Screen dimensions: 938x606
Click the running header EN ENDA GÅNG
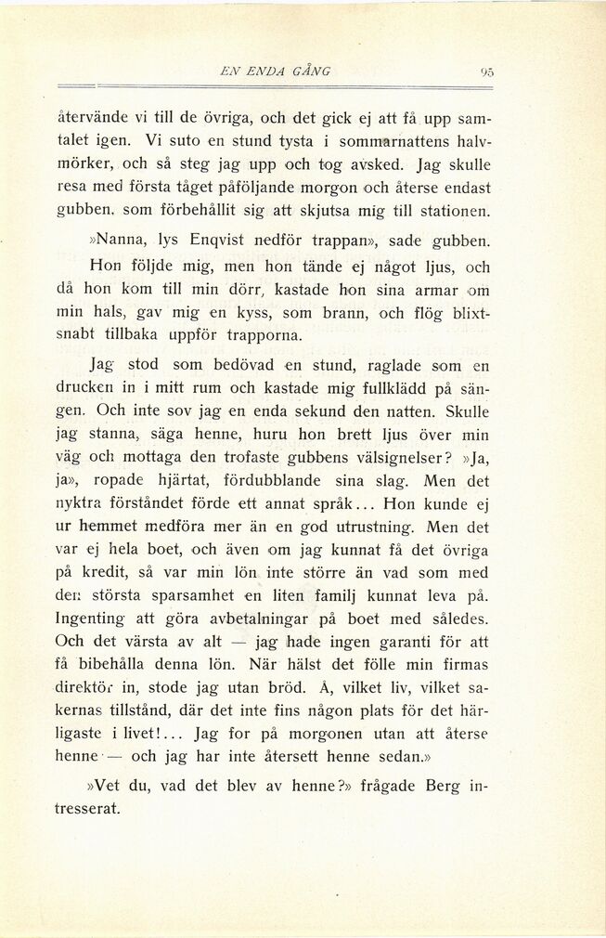273,71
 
